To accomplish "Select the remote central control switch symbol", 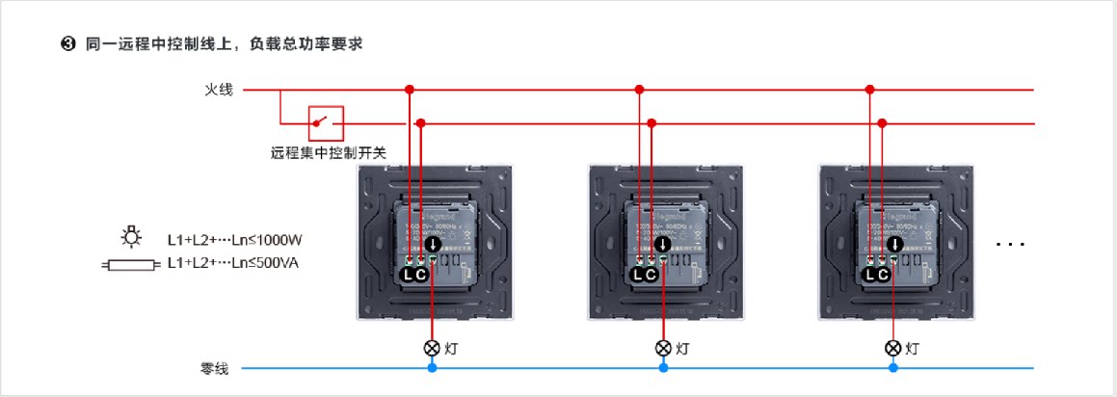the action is pyautogui.click(x=326, y=123).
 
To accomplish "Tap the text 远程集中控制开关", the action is pyautogui.click(x=328, y=152).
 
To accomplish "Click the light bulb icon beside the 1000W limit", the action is pyautogui.click(x=131, y=238).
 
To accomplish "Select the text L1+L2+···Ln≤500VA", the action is pyautogui.click(x=232, y=262).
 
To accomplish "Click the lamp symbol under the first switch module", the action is pyautogui.click(x=432, y=348).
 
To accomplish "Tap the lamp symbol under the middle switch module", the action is pyautogui.click(x=663, y=348).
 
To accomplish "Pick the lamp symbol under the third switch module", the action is pyautogui.click(x=893, y=348).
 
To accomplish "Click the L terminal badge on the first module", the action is pyautogui.click(x=409, y=276).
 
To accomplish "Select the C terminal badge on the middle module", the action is pyautogui.click(x=651, y=276).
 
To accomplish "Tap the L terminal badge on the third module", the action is pyautogui.click(x=870, y=276).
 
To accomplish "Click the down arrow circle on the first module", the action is pyautogui.click(x=433, y=244).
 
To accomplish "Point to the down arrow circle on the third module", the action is pyautogui.click(x=894, y=244).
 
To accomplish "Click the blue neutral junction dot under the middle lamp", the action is pyautogui.click(x=663, y=368).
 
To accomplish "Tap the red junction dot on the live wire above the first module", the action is pyautogui.click(x=410, y=90).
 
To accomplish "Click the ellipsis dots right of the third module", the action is pyautogui.click(x=1010, y=245).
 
